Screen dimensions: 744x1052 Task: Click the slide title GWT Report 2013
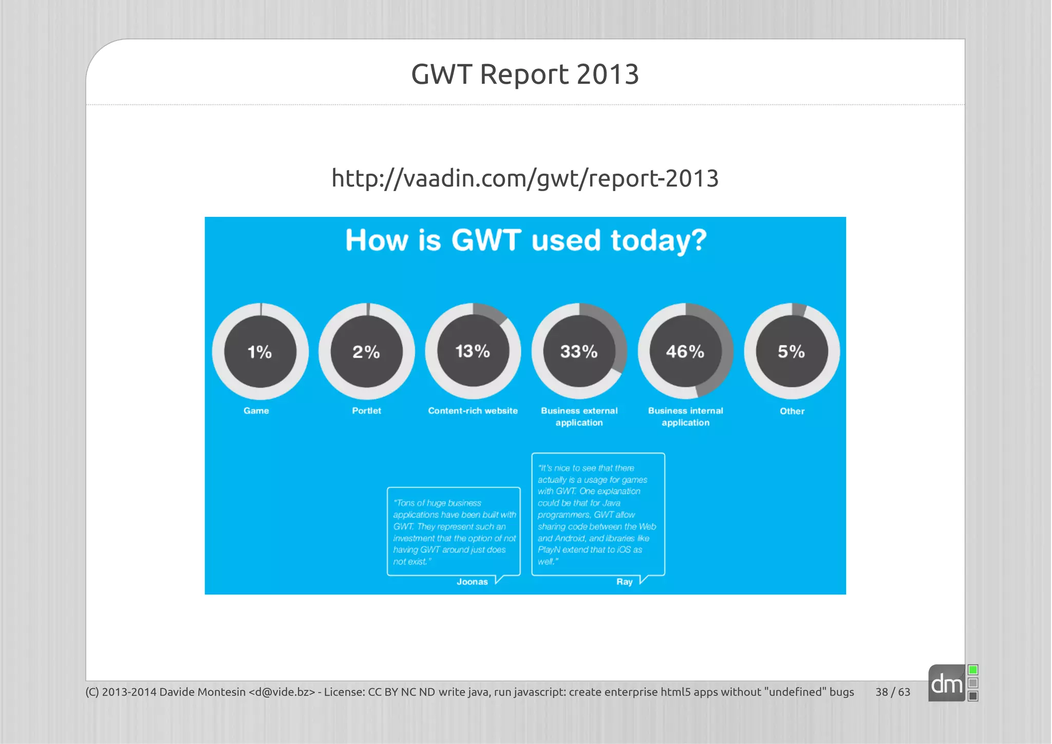pyautogui.click(x=525, y=74)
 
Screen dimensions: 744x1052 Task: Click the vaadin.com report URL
pyautogui.click(x=525, y=178)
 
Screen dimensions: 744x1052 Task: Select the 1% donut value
pyautogui.click(x=260, y=352)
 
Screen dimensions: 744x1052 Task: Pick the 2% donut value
pyautogui.click(x=366, y=352)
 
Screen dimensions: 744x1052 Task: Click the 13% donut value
pyautogui.click(x=473, y=351)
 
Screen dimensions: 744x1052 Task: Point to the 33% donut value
pyautogui.click(x=579, y=351)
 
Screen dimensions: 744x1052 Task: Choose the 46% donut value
pyautogui.click(x=685, y=351)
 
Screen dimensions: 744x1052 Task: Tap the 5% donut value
pyautogui.click(x=792, y=351)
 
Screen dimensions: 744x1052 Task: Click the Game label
pyautogui.click(x=256, y=411)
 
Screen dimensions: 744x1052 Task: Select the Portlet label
pyautogui.click(x=366, y=411)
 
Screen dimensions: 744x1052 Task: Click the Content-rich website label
pyautogui.click(x=473, y=411)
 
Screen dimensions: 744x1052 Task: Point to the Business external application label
pyautogui.click(x=579, y=417)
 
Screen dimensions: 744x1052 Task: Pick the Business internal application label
pyautogui.click(x=685, y=417)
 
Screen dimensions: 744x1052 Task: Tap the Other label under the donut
pyautogui.click(x=792, y=411)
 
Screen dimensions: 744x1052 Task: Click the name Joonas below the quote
pyautogui.click(x=472, y=582)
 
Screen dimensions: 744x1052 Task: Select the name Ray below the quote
pyautogui.click(x=625, y=582)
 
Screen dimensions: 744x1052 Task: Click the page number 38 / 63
pyautogui.click(x=893, y=692)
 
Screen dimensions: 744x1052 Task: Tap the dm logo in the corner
pyautogui.click(x=947, y=684)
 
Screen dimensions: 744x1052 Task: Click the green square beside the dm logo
pyautogui.click(x=973, y=670)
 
